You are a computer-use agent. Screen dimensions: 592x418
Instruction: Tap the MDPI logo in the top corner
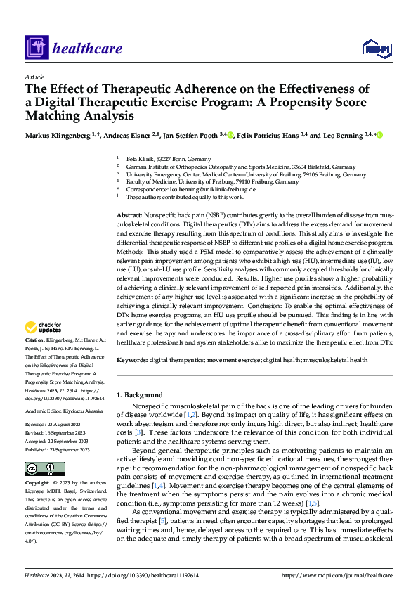[374, 48]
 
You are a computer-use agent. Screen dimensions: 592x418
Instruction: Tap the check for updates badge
[44, 328]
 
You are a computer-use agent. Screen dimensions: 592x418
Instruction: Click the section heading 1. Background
[139, 395]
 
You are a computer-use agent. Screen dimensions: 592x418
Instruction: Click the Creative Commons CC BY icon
[44, 468]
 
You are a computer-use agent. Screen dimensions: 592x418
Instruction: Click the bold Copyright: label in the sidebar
[38, 484]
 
